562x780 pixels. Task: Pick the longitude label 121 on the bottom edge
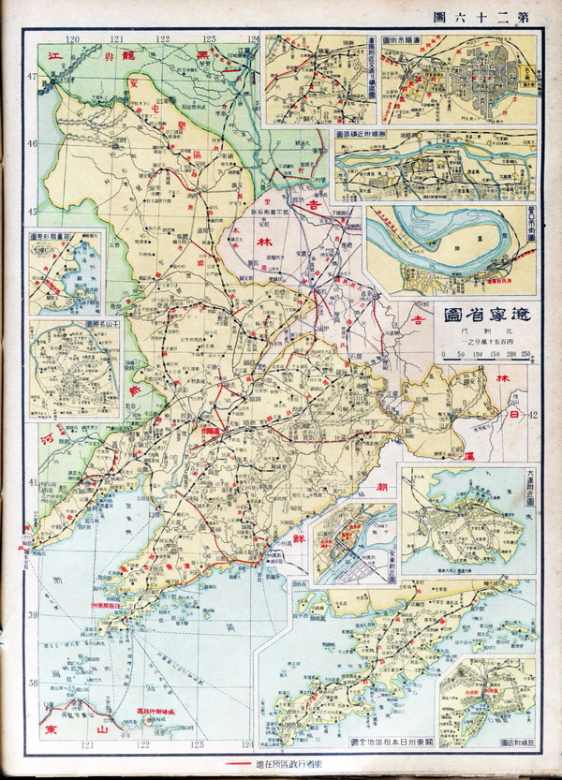pyautogui.click(x=90, y=745)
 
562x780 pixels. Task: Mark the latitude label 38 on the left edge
pyautogui.click(x=30, y=683)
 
